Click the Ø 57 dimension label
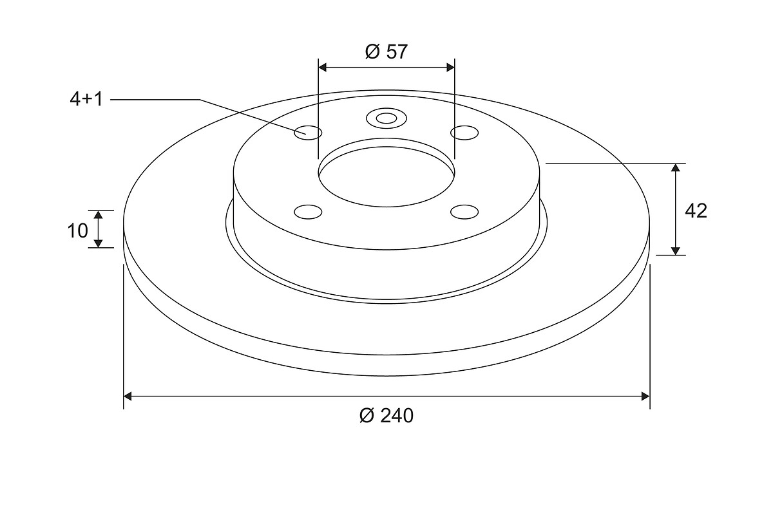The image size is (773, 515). pos(386,51)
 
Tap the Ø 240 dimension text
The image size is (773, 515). pos(386,415)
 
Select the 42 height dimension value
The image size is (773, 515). pos(696,211)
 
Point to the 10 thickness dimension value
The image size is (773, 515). pos(78,230)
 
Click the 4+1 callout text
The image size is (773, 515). pos(86,100)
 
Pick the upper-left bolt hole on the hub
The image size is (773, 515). pos(308,133)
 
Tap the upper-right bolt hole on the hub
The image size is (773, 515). pos(464,133)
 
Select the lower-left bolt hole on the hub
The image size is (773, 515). pos(308,212)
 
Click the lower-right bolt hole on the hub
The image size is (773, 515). pos(464,212)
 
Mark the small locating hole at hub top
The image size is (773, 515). pos(386,118)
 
